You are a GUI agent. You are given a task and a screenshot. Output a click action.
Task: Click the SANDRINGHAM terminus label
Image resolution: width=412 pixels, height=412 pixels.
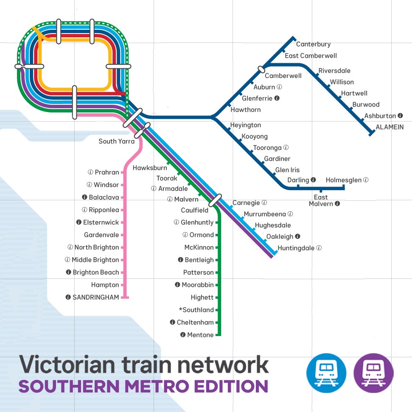click(95, 297)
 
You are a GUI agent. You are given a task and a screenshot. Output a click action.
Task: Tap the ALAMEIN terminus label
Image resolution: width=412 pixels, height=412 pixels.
click(390, 127)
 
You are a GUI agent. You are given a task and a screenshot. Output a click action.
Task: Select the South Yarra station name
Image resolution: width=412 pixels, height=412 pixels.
click(116, 141)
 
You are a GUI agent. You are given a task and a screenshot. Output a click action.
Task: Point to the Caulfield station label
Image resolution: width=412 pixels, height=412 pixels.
click(195, 210)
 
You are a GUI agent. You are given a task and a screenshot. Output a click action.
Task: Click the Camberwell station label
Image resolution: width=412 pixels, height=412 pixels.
click(283, 76)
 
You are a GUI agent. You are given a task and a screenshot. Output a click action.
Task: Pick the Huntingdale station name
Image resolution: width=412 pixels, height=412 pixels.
click(296, 248)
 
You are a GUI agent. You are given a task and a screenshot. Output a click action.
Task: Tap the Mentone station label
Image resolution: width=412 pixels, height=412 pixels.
click(200, 335)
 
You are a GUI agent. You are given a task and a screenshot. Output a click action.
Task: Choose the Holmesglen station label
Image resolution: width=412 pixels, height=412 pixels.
click(344, 180)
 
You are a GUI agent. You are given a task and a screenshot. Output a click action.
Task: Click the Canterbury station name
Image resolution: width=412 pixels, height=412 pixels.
click(313, 44)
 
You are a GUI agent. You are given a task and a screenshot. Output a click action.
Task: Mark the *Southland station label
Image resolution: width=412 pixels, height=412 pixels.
click(196, 310)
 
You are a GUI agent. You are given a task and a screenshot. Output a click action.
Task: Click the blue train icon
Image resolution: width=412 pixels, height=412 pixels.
click(326, 373)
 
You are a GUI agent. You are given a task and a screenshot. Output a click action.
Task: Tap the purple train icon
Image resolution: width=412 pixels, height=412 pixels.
click(373, 373)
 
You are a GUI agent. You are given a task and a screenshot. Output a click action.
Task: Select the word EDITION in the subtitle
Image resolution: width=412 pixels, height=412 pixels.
click(230, 387)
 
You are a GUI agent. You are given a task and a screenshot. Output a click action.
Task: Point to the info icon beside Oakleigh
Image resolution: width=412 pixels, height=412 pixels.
click(297, 237)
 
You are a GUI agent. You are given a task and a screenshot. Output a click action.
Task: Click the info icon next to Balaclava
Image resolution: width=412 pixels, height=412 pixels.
click(84, 197)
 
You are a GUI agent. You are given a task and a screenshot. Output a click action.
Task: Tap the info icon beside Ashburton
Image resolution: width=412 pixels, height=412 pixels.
click(400, 116)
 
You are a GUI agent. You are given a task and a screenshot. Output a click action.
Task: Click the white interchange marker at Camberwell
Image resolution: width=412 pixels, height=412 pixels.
click(261, 69)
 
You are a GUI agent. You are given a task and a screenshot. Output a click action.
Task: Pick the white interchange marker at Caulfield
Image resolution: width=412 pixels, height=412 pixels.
click(216, 200)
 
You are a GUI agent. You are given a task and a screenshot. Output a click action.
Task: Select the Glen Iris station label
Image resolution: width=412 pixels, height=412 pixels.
click(287, 170)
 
